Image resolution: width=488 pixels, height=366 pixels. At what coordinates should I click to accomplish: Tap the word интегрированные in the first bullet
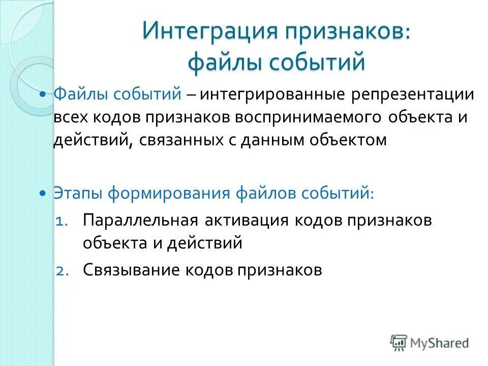[266, 94]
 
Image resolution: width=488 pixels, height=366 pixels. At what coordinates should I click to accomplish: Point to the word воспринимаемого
[308, 117]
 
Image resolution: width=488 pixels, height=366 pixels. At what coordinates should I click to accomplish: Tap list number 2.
[62, 270]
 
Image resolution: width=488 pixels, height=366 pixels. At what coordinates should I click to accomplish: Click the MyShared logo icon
[399, 342]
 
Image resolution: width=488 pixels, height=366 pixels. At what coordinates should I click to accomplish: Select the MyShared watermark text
[440, 343]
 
